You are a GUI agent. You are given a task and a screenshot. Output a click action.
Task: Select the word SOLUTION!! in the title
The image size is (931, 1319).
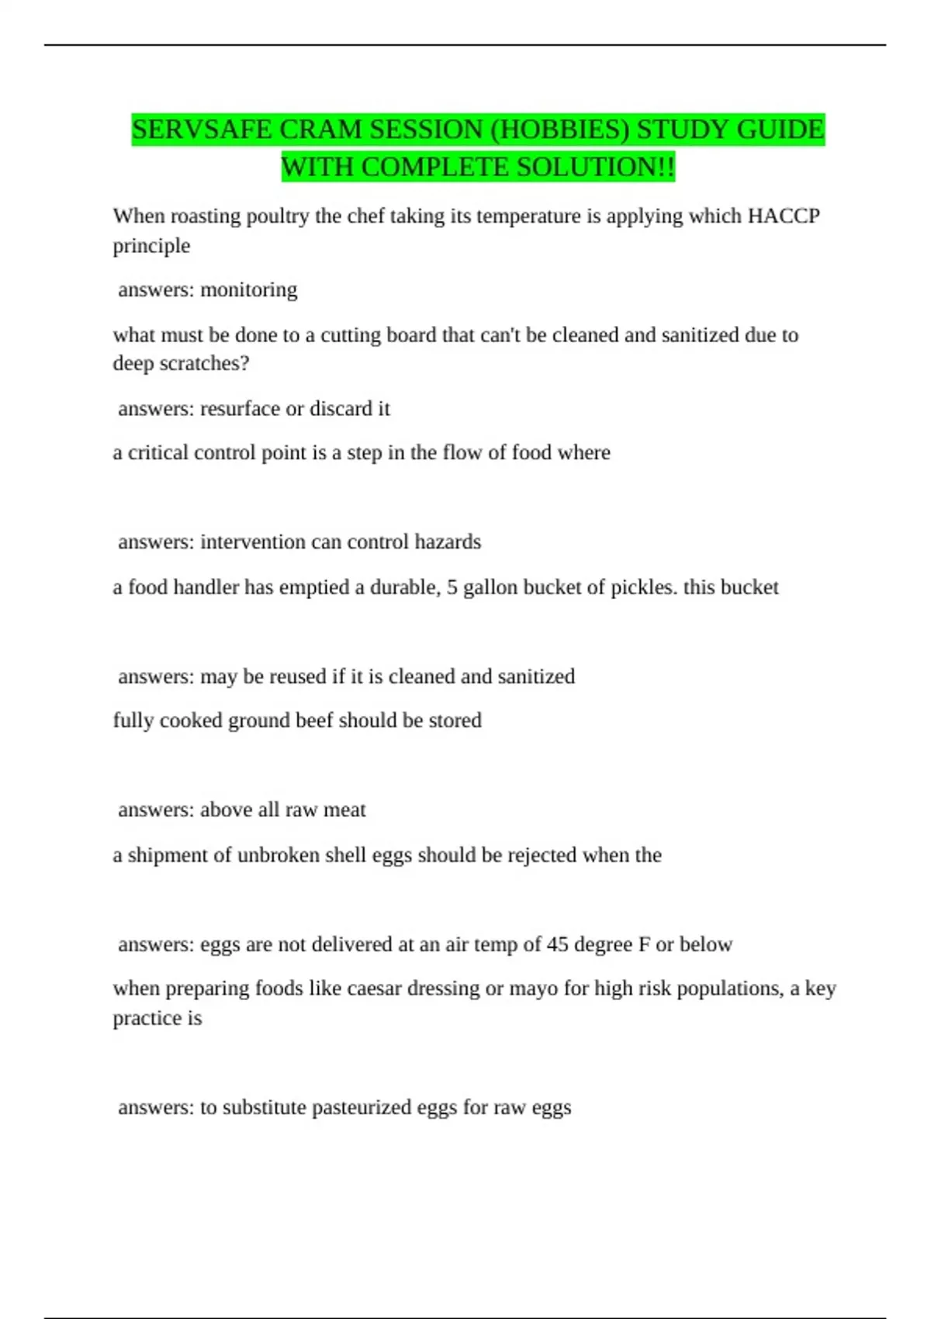592,167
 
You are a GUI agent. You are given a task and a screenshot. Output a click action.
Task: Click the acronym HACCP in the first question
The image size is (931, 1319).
784,216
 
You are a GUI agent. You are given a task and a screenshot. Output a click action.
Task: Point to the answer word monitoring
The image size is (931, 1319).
248,290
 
